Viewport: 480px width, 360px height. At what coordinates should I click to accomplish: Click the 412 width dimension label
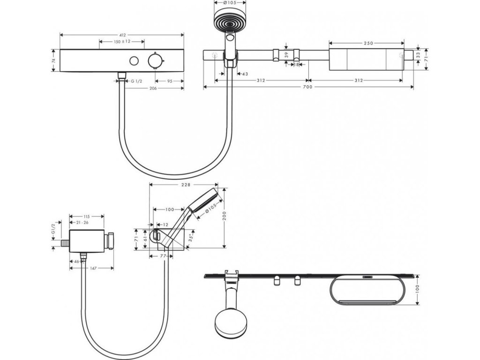pyautogui.click(x=122, y=35)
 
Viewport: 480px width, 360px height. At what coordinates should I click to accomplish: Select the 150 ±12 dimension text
pyautogui.click(x=122, y=42)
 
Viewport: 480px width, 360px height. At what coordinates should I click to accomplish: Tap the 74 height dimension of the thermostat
pyautogui.click(x=53, y=61)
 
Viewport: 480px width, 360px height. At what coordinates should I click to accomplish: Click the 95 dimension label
pyautogui.click(x=169, y=81)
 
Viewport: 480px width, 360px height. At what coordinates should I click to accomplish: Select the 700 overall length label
pyautogui.click(x=308, y=88)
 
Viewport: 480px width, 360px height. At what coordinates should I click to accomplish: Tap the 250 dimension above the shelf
pyautogui.click(x=368, y=44)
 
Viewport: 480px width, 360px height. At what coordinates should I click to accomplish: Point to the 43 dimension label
pyautogui.click(x=244, y=74)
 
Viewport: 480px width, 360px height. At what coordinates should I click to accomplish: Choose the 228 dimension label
pyautogui.click(x=185, y=185)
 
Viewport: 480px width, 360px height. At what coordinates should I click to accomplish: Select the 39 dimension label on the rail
pyautogui.click(x=286, y=55)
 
